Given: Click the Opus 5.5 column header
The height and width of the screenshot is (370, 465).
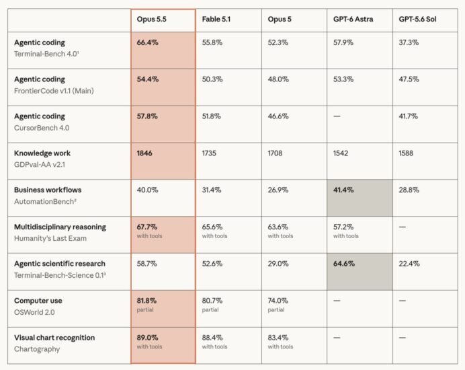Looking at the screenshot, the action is [152, 20].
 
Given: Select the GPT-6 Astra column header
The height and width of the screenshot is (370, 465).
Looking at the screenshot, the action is [353, 20].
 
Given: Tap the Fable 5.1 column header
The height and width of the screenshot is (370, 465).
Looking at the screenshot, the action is [216, 20].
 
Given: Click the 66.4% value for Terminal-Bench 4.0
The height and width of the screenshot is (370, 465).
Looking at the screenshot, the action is [147, 42].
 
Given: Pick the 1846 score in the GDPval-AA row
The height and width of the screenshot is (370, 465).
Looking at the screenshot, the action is [144, 153].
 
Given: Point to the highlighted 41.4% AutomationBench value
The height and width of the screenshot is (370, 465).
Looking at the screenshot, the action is [343, 190].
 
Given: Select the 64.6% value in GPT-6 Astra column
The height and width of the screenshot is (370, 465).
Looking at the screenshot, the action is [343, 264].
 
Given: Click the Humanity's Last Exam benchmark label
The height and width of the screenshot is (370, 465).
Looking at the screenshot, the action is [50, 238].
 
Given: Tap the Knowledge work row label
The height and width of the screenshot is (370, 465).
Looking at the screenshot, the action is [42, 153].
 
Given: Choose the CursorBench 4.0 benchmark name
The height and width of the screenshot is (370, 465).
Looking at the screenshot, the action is [42, 128].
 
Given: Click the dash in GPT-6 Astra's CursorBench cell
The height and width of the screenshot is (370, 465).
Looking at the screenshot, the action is [337, 116].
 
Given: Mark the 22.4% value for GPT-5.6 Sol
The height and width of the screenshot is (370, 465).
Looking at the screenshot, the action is [409, 264].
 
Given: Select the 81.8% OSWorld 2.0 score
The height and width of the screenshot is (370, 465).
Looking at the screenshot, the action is [146, 301].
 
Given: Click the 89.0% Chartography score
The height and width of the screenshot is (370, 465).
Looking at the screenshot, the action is [147, 338].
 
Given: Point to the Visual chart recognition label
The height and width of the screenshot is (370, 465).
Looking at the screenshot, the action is [54, 338].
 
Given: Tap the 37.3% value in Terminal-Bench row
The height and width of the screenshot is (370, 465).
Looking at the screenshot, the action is [409, 42].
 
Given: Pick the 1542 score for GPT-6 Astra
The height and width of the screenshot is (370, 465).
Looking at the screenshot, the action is [341, 153].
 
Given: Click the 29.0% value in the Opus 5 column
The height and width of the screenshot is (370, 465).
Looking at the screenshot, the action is [278, 264].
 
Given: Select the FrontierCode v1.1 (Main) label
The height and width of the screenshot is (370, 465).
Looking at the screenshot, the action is [54, 91].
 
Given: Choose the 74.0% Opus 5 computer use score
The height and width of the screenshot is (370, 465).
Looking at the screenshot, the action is [278, 301].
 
